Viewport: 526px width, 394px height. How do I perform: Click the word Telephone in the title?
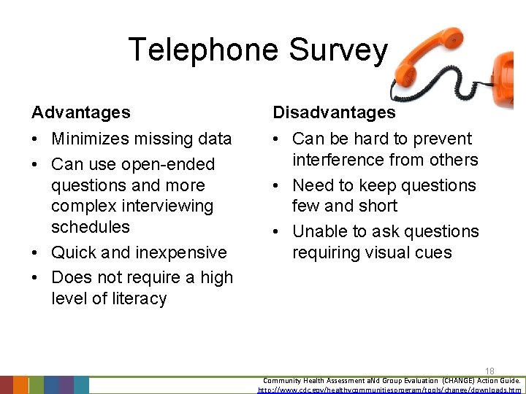[x=203, y=50]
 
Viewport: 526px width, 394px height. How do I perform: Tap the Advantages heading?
[x=81, y=112]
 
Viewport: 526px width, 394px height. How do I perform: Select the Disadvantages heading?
[x=334, y=112]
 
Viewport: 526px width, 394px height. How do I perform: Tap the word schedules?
[x=91, y=227]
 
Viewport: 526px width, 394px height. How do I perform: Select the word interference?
[x=340, y=160]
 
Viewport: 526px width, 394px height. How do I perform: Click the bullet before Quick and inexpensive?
[x=36, y=252]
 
